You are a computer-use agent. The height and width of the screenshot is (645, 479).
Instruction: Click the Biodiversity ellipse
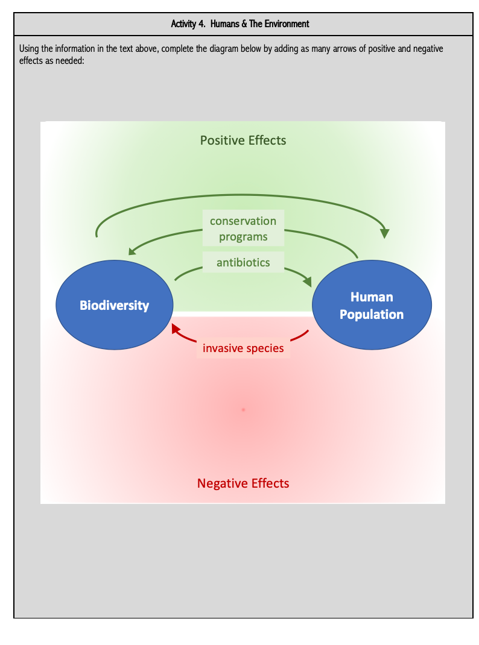click(x=115, y=305)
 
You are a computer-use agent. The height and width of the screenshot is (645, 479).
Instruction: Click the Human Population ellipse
click(x=371, y=306)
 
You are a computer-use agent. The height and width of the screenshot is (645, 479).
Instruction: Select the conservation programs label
click(x=243, y=228)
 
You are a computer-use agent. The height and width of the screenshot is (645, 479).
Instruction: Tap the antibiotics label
click(x=243, y=262)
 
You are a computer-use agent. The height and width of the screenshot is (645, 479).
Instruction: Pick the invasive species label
click(x=243, y=348)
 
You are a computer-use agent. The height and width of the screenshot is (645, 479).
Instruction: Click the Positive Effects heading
click(x=243, y=140)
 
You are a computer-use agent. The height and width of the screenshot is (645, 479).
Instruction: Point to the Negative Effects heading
click(x=243, y=483)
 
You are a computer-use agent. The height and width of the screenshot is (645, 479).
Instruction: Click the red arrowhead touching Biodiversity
click(x=176, y=329)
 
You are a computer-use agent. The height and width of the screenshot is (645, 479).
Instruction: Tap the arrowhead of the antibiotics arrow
click(x=307, y=281)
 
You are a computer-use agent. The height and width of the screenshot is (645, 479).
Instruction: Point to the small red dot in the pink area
click(x=243, y=409)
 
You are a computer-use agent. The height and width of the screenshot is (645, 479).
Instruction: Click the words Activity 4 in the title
click(x=188, y=24)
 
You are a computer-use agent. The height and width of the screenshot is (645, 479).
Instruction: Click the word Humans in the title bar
click(x=224, y=24)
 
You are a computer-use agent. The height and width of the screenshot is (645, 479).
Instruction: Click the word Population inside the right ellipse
click(x=371, y=315)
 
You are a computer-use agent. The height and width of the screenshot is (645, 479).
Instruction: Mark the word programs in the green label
click(x=243, y=236)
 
